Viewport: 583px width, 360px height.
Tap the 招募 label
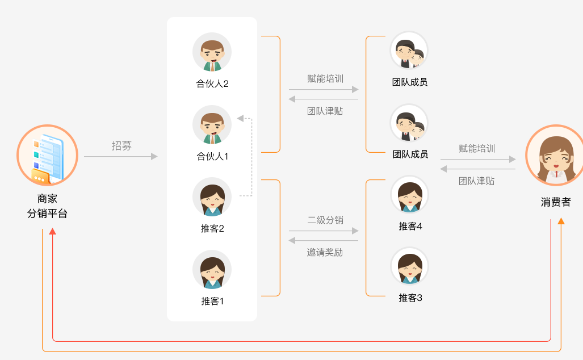click(x=121, y=146)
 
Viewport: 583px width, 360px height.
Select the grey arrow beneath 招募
click(x=120, y=156)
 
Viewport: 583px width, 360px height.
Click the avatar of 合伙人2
click(x=212, y=52)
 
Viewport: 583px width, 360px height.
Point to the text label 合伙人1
click(x=212, y=156)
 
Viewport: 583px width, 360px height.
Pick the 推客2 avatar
click(x=212, y=197)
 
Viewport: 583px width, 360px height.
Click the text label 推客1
click(x=212, y=302)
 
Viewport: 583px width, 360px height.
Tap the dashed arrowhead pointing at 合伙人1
click(x=240, y=118)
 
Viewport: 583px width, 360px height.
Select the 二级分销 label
click(x=325, y=220)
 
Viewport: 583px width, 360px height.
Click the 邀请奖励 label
click(x=325, y=252)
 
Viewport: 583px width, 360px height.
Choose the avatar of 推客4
click(x=409, y=195)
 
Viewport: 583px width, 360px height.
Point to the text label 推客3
click(x=410, y=298)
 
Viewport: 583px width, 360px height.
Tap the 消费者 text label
click(x=556, y=202)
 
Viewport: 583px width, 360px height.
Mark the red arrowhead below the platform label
click(x=53, y=231)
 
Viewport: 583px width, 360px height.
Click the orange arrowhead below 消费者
click(x=561, y=221)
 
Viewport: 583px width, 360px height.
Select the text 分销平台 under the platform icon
click(x=47, y=214)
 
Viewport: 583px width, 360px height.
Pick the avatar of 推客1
click(x=212, y=270)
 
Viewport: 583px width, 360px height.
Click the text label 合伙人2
click(x=212, y=84)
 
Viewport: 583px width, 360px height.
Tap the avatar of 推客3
click(x=409, y=266)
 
